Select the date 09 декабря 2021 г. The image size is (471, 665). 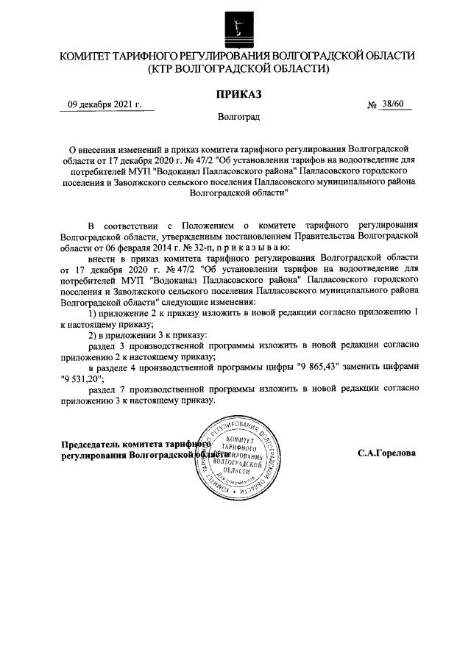105,105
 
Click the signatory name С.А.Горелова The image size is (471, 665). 386,453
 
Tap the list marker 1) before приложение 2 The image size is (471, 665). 93,311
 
